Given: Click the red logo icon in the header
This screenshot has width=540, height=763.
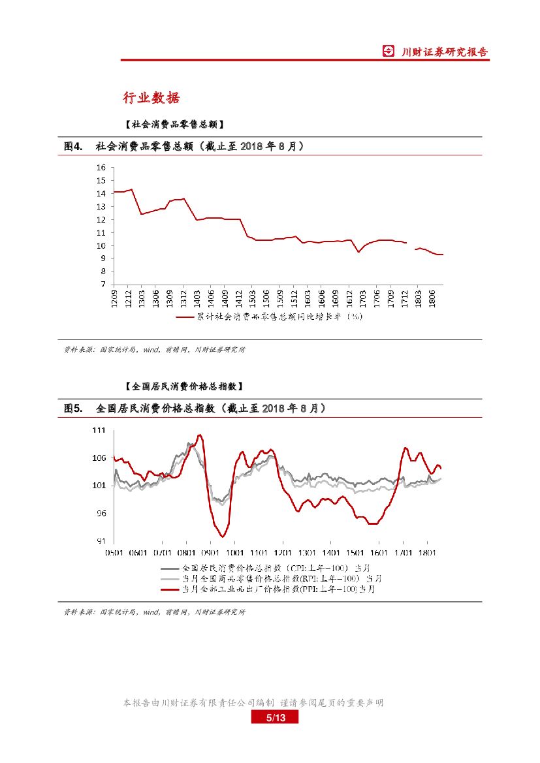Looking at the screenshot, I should (389, 52).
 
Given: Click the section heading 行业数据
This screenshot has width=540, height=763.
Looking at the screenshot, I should (151, 98).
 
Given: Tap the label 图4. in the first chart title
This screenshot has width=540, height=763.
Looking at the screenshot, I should (73, 146).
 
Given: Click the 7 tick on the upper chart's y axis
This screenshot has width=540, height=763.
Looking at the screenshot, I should (103, 285).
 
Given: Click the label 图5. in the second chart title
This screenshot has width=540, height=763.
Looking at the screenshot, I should (73, 408).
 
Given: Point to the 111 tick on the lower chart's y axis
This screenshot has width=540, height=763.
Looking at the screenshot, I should (99, 430).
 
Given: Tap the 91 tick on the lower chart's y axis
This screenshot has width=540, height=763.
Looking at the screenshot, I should (101, 541).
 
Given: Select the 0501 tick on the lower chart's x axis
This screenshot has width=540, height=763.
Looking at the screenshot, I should (114, 552).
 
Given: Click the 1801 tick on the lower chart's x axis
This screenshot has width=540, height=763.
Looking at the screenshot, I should (427, 552).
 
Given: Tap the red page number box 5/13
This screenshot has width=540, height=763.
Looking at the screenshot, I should (275, 718).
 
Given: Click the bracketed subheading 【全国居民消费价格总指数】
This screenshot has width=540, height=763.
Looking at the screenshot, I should (183, 386).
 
